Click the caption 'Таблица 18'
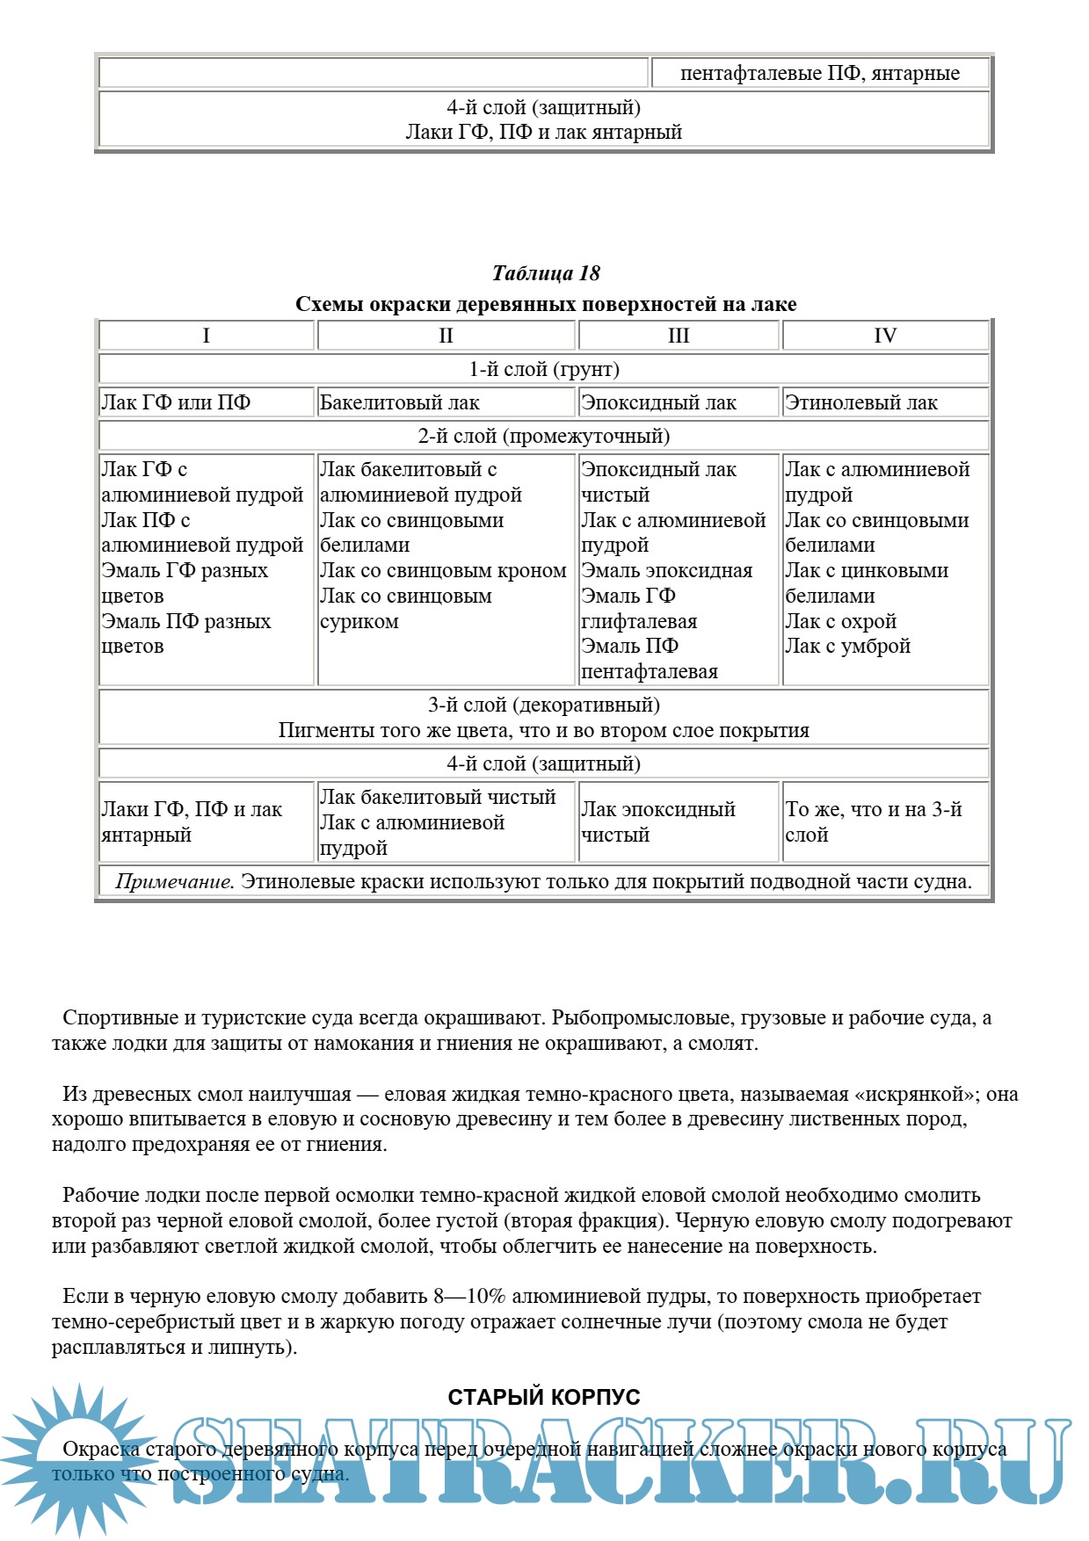click(x=545, y=273)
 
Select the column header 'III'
click(x=679, y=336)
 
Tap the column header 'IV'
click(x=885, y=336)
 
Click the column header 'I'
click(x=206, y=336)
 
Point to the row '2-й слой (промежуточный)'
click(x=543, y=437)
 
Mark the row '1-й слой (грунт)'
click(x=543, y=370)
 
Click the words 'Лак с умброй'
click(x=847, y=647)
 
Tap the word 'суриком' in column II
click(x=359, y=622)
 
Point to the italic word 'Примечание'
click(x=174, y=882)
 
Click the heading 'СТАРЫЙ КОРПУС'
click(x=544, y=1397)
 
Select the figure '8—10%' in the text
click(x=469, y=1297)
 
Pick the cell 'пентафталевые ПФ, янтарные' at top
click(x=819, y=74)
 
